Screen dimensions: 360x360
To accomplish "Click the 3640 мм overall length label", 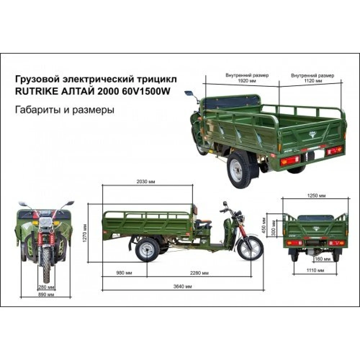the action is click(x=182, y=286).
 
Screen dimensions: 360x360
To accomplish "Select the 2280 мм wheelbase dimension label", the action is click(x=199, y=273).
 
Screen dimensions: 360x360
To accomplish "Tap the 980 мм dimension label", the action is click(x=124, y=273).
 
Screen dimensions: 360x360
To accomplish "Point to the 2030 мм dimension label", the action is click(x=146, y=181).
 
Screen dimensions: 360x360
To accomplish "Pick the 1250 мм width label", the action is click(x=316, y=195).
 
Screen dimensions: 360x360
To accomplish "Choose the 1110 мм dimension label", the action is click(x=315, y=270).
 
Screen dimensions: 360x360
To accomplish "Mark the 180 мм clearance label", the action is click(x=323, y=259).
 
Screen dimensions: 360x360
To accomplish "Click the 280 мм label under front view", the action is click(x=46, y=287).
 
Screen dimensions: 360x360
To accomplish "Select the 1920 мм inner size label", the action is click(x=247, y=81).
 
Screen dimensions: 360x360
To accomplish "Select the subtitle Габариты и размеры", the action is click(x=64, y=110).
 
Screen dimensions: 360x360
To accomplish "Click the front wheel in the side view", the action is click(x=250, y=248).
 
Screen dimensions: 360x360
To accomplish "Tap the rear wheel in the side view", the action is click(x=147, y=250).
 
